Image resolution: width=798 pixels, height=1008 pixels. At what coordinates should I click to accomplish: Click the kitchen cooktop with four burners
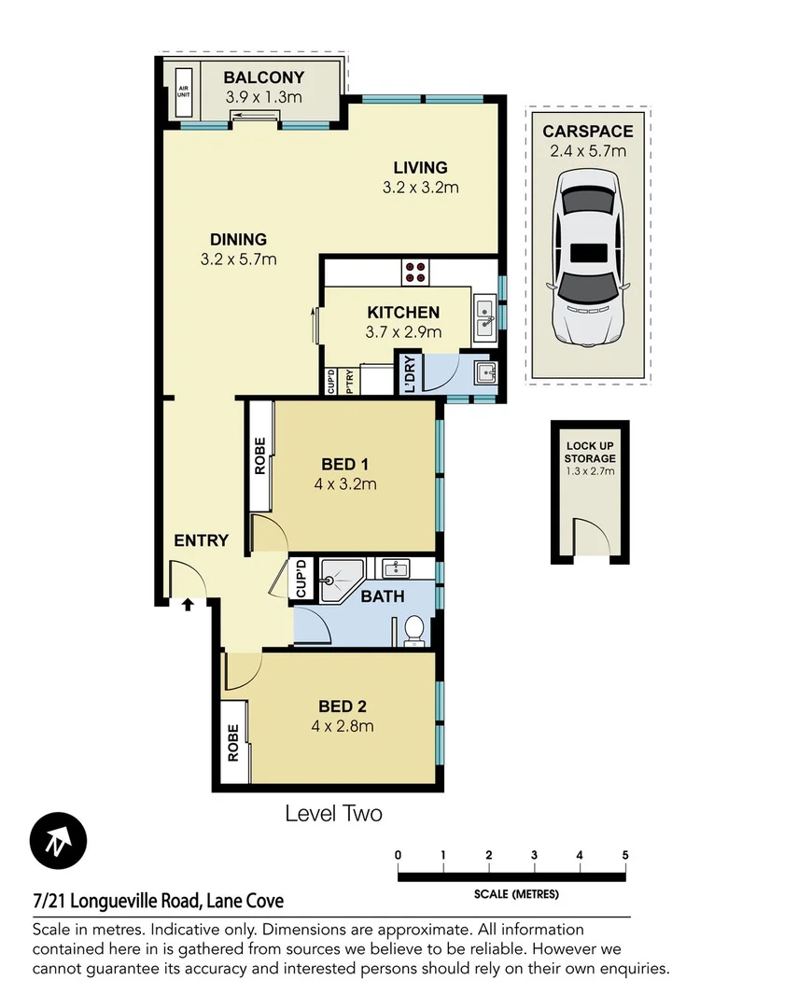(416, 272)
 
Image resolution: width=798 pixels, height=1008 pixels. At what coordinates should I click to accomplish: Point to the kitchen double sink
(484, 318)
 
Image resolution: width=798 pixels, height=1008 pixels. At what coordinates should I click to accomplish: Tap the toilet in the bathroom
(415, 632)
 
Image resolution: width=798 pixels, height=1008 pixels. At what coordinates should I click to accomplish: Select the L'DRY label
(407, 372)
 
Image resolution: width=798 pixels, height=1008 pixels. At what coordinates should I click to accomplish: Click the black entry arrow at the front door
(188, 604)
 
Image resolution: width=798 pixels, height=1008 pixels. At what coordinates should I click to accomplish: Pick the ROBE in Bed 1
(260, 456)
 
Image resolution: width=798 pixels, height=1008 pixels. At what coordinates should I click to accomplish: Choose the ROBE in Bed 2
(233, 742)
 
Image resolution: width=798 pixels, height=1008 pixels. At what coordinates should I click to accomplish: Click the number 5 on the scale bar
(624, 855)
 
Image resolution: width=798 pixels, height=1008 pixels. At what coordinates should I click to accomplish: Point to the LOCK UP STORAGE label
(590, 453)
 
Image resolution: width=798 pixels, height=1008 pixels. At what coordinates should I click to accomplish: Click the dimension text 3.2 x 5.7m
(238, 259)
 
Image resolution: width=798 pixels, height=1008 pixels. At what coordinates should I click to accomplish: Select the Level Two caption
(333, 814)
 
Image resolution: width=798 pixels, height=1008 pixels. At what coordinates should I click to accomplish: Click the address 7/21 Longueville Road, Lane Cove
(158, 902)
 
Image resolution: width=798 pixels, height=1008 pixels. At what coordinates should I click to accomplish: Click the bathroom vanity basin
(396, 568)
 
